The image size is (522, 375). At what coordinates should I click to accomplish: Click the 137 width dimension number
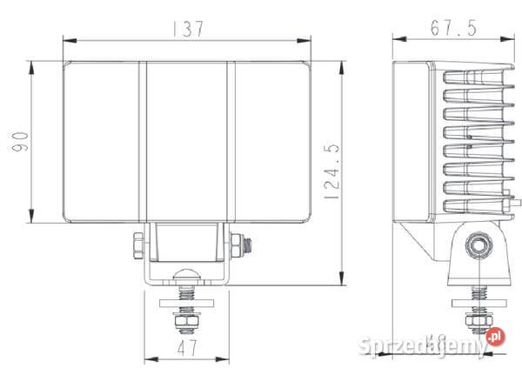pos(188,28)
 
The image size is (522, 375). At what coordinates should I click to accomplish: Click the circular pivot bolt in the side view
pos(476,244)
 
